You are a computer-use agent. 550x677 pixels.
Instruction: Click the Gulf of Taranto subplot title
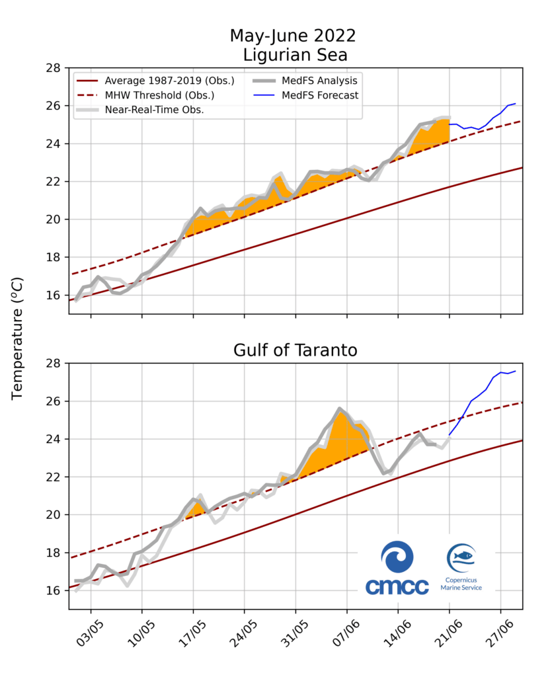(x=295, y=350)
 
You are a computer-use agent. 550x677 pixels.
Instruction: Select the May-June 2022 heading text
(x=295, y=35)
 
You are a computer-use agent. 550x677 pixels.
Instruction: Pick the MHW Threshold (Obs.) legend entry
(x=159, y=95)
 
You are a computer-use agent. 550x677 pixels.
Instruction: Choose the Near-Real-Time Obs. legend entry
(x=154, y=110)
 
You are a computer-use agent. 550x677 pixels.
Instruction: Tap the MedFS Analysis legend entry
(x=323, y=81)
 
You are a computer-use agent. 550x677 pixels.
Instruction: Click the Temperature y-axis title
(x=18, y=338)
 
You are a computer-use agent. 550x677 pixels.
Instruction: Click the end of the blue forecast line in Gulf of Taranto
(x=515, y=371)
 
